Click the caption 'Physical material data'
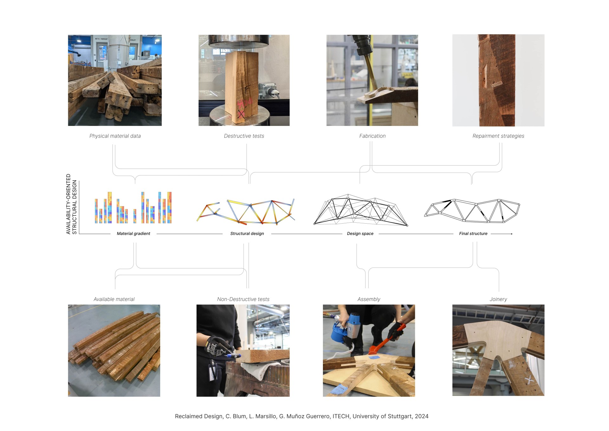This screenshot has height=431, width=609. [115, 136]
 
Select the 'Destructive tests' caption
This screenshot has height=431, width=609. [244, 136]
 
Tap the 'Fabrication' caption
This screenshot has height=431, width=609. [372, 136]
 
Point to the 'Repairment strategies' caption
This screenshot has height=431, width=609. [498, 136]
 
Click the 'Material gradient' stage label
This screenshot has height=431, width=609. [134, 234]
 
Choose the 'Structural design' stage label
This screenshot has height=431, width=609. [247, 234]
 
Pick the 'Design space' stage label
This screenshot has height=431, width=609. [360, 234]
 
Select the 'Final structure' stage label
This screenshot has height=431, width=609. [473, 234]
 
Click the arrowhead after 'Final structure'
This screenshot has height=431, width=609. [511, 234]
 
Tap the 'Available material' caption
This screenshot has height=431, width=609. [114, 299]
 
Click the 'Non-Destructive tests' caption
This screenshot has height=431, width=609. [243, 299]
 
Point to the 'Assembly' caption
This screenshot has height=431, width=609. [369, 299]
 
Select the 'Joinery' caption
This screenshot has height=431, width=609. [498, 299]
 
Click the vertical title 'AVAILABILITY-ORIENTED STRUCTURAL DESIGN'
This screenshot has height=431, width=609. [71, 204]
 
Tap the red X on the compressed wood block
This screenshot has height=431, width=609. [241, 114]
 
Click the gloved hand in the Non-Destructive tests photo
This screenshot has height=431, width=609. [219, 349]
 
